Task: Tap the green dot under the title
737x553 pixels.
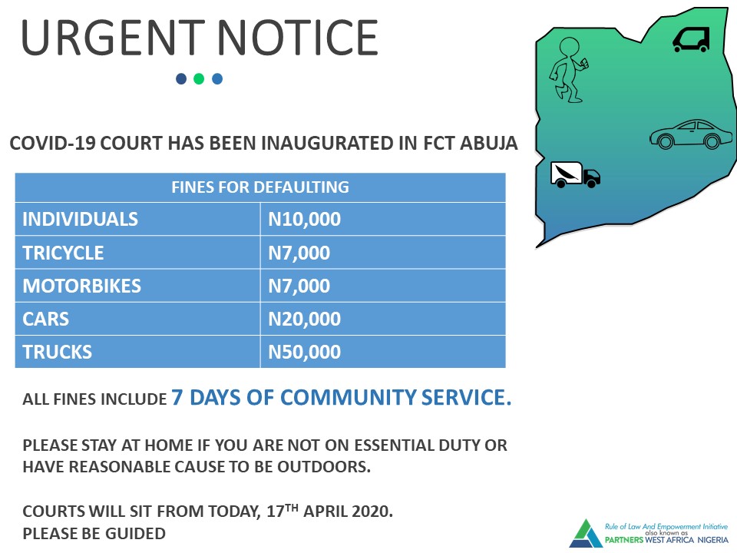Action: click(x=199, y=78)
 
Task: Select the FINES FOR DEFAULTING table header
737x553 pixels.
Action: click(x=260, y=187)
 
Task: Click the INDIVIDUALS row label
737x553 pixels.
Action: click(x=81, y=219)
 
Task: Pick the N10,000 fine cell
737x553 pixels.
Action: click(x=304, y=219)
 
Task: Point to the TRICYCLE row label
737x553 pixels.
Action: click(x=63, y=253)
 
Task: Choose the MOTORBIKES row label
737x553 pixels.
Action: click(x=82, y=286)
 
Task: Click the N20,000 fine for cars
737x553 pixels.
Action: click(x=304, y=319)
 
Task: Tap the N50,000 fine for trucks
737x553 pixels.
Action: click(x=304, y=352)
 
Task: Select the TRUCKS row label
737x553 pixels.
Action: click(x=58, y=352)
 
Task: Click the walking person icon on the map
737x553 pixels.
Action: click(x=569, y=70)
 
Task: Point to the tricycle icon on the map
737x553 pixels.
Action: click(x=691, y=39)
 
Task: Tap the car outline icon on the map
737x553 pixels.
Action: click(x=690, y=134)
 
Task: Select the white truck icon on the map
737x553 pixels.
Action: click(x=575, y=175)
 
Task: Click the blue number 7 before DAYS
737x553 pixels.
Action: click(x=177, y=397)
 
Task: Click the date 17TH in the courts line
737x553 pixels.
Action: click(x=282, y=510)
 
